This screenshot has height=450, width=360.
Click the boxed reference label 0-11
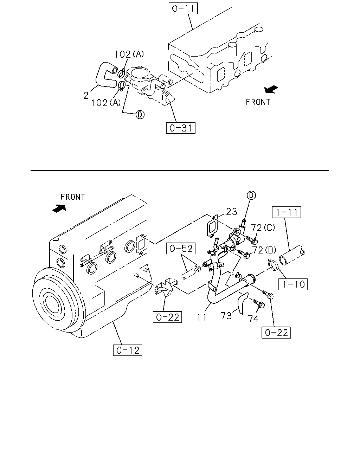coord(183,8)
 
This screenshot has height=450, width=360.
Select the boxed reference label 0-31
coord(180,128)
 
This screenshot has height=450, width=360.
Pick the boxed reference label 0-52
coord(181,249)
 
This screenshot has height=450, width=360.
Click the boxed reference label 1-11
coord(286,212)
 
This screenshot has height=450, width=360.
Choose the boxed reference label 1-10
coord(293,284)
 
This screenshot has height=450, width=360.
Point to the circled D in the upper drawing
coord(140,115)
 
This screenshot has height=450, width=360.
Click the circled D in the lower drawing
coord(251,195)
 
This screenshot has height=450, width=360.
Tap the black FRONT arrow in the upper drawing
coord(271,89)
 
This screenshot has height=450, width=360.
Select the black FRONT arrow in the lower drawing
coord(59,208)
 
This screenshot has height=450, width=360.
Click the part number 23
coord(232,212)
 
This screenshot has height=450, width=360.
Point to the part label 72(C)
coord(263,227)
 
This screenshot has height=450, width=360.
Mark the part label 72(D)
coord(264,250)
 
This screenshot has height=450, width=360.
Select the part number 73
coord(226,316)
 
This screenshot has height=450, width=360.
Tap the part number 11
coord(202,317)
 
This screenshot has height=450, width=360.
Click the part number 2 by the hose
coord(86,96)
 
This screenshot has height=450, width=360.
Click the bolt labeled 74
coord(259,304)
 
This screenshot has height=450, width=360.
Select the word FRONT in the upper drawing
coord(258,102)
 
